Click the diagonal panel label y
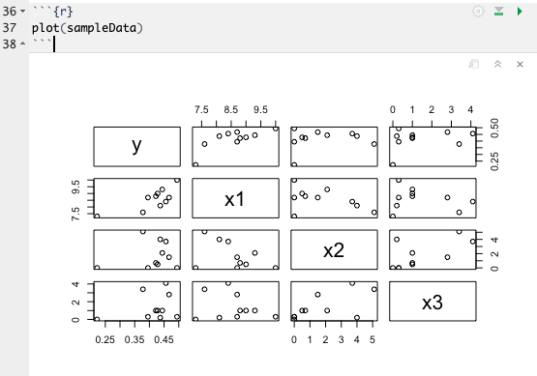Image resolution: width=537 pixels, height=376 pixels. (x=136, y=146)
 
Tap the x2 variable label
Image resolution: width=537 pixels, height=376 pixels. (x=333, y=249)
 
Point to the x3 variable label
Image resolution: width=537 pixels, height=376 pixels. (x=432, y=302)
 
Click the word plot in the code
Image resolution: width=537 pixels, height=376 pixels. (x=45, y=28)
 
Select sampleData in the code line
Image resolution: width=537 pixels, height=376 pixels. (x=104, y=28)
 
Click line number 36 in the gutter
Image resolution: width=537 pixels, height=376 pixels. (x=10, y=11)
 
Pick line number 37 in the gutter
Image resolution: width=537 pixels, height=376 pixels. (x=10, y=28)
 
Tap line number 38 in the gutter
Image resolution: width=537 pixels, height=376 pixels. (x=10, y=44)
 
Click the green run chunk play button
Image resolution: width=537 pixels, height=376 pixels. (x=520, y=11)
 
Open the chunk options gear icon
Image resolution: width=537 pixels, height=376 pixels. (x=477, y=11)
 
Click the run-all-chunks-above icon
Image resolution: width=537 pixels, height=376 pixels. (x=498, y=11)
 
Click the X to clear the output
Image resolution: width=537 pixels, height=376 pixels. (x=520, y=63)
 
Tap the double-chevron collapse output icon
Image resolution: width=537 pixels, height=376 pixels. (x=496, y=63)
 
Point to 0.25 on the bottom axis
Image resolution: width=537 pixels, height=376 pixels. (x=104, y=339)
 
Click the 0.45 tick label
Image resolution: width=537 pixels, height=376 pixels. (x=164, y=339)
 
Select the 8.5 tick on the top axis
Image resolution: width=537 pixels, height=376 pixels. (x=231, y=110)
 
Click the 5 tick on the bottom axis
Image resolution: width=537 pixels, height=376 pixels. (x=373, y=339)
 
